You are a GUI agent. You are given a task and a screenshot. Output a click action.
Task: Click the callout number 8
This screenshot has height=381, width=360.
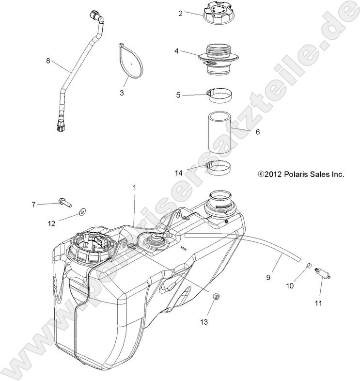coord(48,61)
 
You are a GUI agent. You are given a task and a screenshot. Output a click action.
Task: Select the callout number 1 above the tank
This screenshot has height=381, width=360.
coord(134,187)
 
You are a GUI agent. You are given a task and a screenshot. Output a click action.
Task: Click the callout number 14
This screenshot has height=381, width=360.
coord(179,172)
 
